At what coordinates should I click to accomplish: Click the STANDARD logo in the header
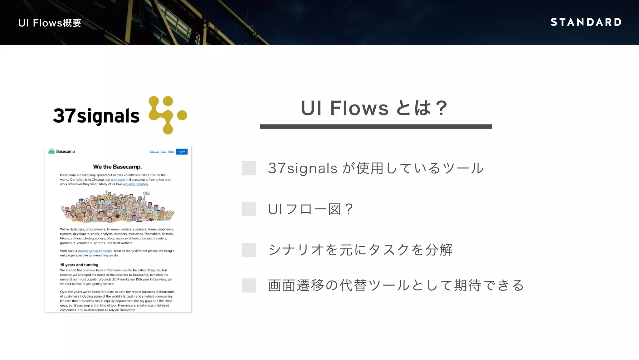tap(586, 22)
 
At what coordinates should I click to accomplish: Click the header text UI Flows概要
tap(50, 23)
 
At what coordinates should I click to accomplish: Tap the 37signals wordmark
tap(96, 116)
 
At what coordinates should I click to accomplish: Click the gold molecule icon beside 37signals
tap(167, 115)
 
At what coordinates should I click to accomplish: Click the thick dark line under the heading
tap(376, 127)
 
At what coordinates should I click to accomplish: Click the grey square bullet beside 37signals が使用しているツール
tap(249, 168)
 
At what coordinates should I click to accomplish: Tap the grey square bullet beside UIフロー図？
tap(249, 209)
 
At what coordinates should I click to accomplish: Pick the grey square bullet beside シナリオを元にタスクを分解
tap(249, 250)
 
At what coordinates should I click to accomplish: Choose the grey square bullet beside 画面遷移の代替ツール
tap(249, 285)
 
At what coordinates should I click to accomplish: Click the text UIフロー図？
tap(310, 209)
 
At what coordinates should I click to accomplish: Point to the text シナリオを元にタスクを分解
tap(360, 250)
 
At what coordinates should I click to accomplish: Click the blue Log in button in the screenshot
tap(182, 152)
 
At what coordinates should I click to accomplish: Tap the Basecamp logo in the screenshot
tap(61, 151)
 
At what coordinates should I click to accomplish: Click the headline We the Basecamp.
tap(117, 167)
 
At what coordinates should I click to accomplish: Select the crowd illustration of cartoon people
tap(118, 207)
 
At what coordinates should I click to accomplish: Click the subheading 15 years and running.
tap(80, 265)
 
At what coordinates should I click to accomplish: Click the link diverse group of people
tap(95, 251)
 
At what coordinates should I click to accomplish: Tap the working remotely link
tap(135, 184)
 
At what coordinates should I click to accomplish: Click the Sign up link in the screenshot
tap(154, 152)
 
